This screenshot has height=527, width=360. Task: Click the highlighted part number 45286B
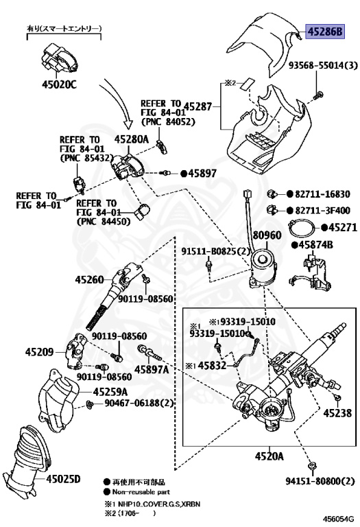click(325, 32)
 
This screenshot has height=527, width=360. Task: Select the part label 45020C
click(59, 84)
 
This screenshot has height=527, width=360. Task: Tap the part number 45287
click(198, 106)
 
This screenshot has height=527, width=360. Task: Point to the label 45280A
click(131, 139)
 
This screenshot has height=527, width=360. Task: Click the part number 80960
click(267, 235)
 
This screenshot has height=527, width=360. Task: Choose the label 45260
click(89, 279)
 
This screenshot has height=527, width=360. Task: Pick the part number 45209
click(39, 352)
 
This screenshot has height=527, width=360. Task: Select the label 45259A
click(110, 392)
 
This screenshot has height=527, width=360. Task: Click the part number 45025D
click(64, 478)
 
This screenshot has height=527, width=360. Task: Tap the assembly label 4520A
click(269, 456)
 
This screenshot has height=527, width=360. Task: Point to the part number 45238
click(337, 412)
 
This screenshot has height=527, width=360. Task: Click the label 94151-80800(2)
click(320, 481)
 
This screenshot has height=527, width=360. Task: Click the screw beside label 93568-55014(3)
click(318, 96)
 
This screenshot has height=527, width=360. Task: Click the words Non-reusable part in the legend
click(141, 492)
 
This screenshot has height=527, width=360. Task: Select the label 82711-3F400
click(322, 211)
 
